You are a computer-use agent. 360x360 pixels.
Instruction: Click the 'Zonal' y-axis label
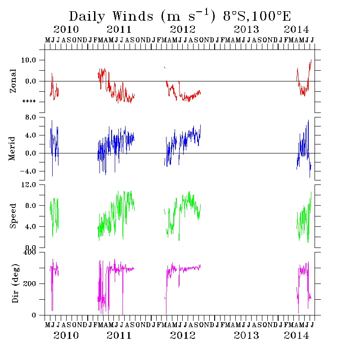click(x=13, y=81)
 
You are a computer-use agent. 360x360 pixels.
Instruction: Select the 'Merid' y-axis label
click(x=13, y=148)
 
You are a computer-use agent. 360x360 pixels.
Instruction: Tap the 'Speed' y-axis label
click(x=13, y=216)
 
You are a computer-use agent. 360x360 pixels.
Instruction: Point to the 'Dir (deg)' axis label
click(x=14, y=283)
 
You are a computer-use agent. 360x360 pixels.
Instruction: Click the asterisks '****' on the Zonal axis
click(x=29, y=102)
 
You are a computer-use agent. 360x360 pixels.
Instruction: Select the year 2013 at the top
click(x=247, y=30)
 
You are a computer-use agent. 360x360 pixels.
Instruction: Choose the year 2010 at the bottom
click(x=66, y=335)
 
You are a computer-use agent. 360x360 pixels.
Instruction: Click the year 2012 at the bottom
click(x=183, y=335)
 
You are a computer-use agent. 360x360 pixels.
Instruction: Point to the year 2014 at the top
click(x=297, y=30)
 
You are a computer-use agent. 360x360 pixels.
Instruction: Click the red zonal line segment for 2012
click(x=189, y=96)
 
